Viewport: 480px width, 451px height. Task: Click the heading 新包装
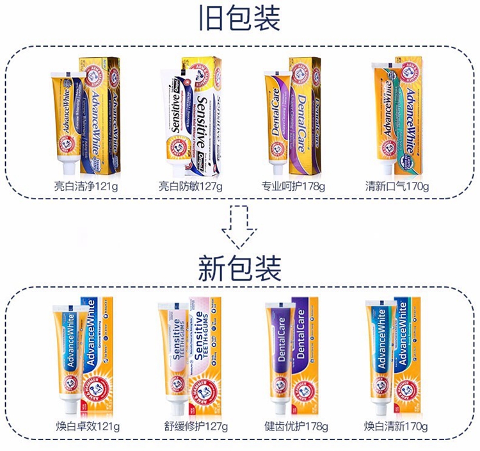(x=240, y=268)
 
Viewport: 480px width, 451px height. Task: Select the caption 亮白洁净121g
(x=87, y=187)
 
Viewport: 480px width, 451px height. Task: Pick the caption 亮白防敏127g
(x=190, y=187)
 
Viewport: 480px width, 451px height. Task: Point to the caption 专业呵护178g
(x=293, y=187)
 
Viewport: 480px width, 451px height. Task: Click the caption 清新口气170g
(x=397, y=187)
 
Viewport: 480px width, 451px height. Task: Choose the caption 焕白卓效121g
(x=87, y=427)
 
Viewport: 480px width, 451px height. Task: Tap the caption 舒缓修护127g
(x=190, y=427)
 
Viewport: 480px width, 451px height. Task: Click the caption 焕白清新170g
(x=397, y=427)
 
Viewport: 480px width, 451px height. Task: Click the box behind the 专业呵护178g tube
(x=305, y=115)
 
